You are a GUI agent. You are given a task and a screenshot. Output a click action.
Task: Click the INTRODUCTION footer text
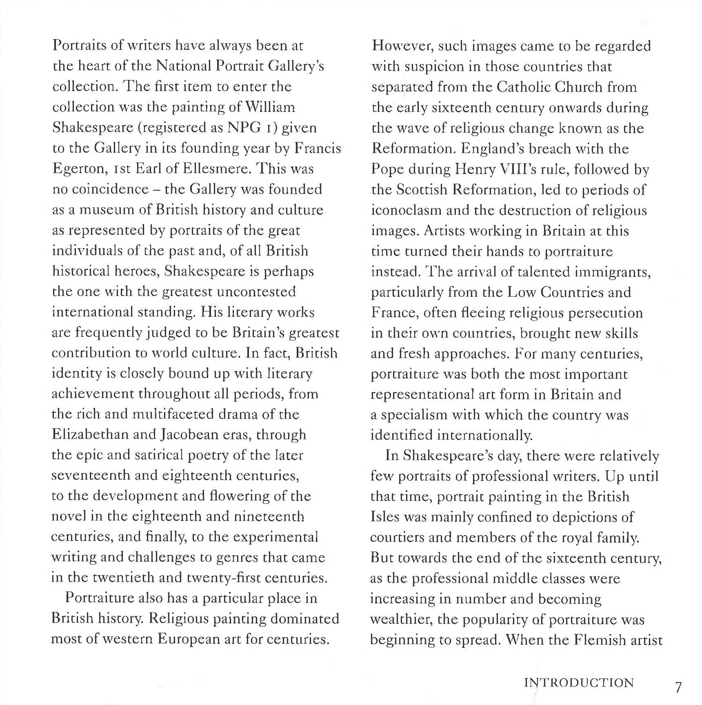(578, 683)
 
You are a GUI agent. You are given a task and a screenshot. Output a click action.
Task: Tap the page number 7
(679, 687)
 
